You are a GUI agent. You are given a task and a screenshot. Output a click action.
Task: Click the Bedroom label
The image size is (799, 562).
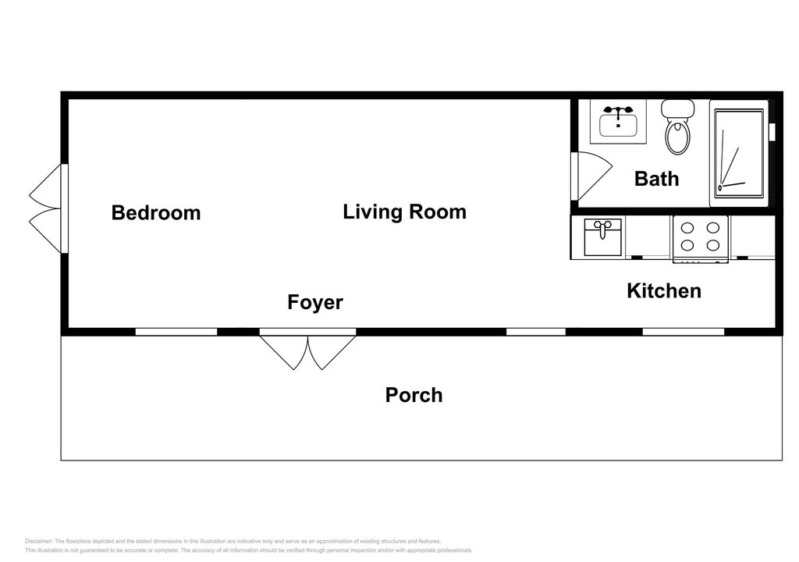(x=156, y=212)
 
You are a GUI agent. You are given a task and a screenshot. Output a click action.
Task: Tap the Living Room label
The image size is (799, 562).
(x=405, y=212)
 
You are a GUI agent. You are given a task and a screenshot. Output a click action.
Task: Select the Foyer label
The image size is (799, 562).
(x=315, y=302)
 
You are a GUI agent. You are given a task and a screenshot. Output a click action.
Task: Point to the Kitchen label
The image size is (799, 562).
(x=664, y=290)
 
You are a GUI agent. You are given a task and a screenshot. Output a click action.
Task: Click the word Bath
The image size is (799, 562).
(x=656, y=179)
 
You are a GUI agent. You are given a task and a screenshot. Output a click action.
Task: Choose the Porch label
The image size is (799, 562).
(x=414, y=395)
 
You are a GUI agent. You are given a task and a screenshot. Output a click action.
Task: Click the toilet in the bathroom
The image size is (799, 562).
(x=678, y=126)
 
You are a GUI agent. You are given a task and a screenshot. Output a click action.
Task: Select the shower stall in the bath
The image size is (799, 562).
(x=739, y=154)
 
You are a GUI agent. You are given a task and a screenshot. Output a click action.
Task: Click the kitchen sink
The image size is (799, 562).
(x=603, y=237)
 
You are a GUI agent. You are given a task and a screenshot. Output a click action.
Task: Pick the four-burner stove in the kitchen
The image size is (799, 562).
(x=701, y=238)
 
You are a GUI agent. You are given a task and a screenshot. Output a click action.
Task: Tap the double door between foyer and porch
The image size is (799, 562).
(x=307, y=350)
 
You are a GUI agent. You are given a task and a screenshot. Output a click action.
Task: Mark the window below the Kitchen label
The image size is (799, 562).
(x=684, y=332)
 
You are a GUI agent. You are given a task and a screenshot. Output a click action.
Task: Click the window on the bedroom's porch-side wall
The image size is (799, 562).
(x=176, y=332)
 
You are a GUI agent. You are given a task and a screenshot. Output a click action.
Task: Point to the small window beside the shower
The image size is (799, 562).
(x=772, y=132)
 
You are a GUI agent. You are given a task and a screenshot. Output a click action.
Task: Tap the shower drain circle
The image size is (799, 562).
(x=720, y=187)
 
